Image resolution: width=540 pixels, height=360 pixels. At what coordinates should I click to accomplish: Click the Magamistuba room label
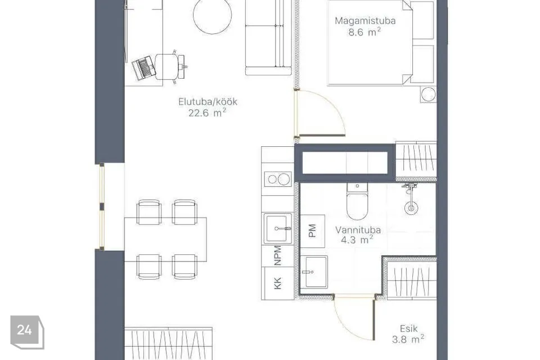coord(365,21)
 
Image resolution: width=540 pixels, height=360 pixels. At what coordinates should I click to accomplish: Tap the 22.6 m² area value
coord(207,112)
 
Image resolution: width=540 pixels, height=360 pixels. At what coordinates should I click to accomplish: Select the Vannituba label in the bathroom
coord(358,229)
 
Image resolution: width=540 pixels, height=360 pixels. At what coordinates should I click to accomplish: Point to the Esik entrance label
coord(409,328)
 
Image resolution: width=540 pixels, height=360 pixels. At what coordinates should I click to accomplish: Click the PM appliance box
coord(312,231)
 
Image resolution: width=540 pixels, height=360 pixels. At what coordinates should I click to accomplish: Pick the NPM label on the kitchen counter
coord(277,255)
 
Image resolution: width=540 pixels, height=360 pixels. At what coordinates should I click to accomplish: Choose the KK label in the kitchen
coord(277,283)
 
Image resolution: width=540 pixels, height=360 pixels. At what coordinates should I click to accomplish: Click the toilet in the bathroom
coord(357,201)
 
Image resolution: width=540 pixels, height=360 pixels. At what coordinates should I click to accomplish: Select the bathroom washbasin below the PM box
coord(314,272)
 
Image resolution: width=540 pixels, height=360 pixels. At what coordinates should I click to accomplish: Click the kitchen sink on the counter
coord(278,228)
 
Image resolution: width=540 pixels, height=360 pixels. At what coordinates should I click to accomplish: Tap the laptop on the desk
coord(144,68)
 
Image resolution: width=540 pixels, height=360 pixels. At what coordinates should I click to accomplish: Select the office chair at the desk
coord(170,66)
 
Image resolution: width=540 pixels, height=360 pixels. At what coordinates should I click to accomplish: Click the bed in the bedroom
coord(370,42)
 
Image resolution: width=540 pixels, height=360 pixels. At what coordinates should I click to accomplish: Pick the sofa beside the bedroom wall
coord(269,37)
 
